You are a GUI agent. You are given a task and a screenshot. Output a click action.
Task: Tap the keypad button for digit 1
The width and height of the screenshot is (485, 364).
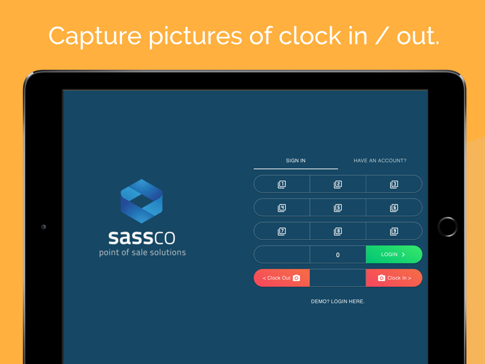point(282,184)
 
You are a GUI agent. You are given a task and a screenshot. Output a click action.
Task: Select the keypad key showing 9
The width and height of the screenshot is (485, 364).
point(394,231)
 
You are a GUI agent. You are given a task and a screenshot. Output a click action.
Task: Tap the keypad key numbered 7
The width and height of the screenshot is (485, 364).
point(282,231)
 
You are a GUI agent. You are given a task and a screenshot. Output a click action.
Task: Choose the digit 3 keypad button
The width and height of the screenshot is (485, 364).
point(394,184)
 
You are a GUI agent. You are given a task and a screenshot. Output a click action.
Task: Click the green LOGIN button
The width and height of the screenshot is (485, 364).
point(394,254)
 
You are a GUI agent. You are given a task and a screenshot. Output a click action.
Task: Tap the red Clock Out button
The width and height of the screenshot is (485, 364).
point(282,278)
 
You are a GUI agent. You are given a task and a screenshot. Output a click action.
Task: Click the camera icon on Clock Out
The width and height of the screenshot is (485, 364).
point(296,278)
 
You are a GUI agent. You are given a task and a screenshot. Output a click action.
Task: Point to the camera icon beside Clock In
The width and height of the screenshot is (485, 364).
point(381,278)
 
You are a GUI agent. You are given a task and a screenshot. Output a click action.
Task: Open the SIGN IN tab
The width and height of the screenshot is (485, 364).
point(296,161)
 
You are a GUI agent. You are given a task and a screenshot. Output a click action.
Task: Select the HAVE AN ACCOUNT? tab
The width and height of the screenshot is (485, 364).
point(380,161)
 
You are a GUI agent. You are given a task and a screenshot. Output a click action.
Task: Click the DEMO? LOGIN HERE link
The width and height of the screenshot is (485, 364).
point(338,301)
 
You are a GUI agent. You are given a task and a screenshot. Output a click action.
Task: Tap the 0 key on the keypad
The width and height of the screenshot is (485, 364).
point(338,255)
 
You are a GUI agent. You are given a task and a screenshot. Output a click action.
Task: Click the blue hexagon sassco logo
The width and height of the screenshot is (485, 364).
point(142,201)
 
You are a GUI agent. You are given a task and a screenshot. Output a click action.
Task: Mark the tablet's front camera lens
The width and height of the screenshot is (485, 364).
point(44,227)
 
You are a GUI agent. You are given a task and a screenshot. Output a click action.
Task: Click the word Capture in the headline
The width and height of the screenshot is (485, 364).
point(95,36)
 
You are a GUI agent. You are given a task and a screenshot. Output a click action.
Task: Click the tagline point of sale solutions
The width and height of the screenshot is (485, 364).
point(142,252)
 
